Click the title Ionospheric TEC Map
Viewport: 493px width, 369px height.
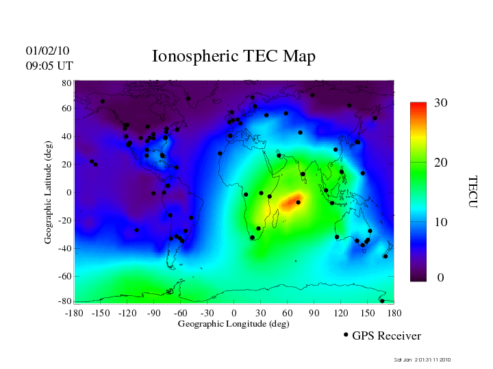click(x=233, y=56)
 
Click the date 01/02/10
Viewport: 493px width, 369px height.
click(x=47, y=51)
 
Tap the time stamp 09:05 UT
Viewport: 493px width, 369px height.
click(x=49, y=66)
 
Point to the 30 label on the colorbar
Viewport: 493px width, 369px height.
click(x=440, y=102)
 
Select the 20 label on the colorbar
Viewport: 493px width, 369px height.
click(x=440, y=165)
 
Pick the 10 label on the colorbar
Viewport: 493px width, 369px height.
click(x=440, y=223)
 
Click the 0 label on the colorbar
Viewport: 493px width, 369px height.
click(x=441, y=277)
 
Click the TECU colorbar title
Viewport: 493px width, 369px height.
click(x=473, y=191)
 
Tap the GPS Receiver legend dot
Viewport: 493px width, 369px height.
click(x=346, y=335)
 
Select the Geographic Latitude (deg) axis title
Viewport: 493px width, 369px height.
click(x=49, y=197)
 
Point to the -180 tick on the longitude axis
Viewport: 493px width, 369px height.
click(x=74, y=312)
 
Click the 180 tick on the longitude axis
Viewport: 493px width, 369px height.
click(x=394, y=312)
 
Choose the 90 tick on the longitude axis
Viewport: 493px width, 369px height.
click(x=314, y=312)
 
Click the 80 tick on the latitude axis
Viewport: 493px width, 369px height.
click(x=67, y=83)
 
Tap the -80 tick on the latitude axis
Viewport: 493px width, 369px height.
click(x=65, y=301)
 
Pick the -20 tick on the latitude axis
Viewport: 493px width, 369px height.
click(x=65, y=221)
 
